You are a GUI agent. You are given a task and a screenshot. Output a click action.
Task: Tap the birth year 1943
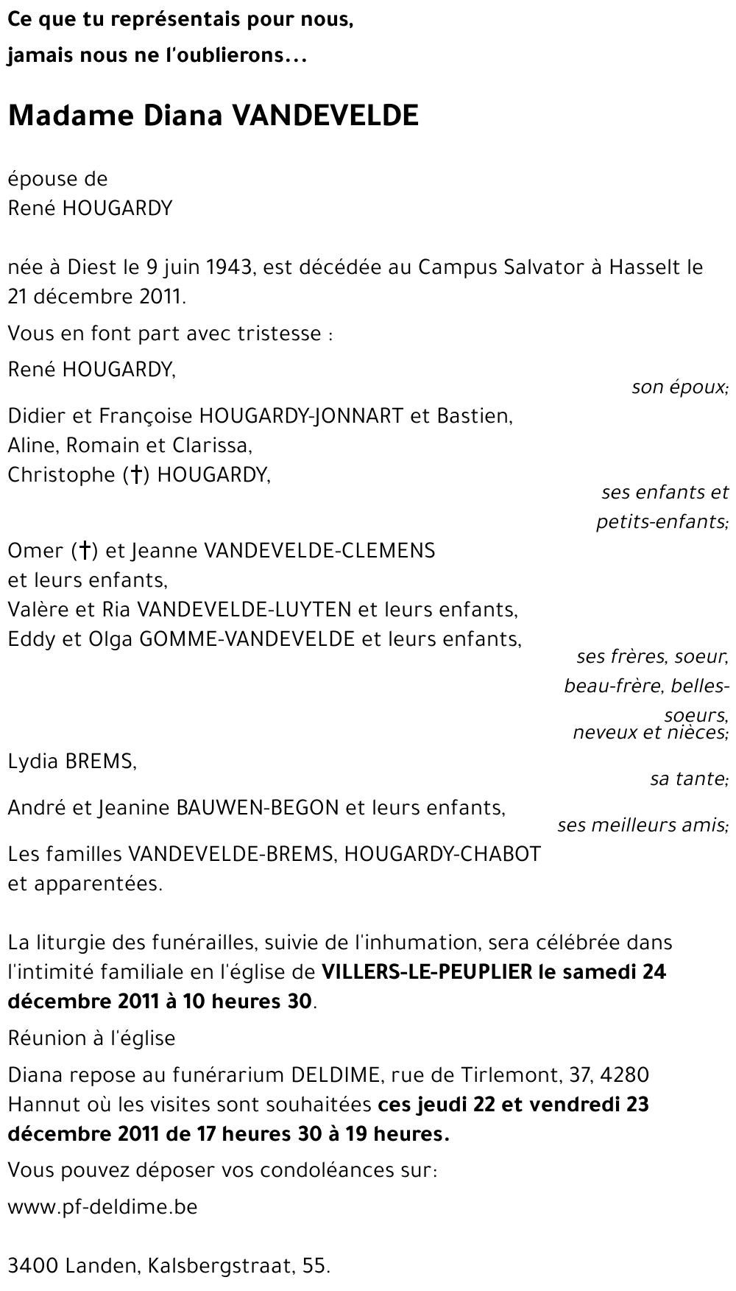click(228, 267)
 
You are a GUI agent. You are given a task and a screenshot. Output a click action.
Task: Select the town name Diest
click(92, 267)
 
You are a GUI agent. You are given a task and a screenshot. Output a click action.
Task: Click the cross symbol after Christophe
click(135, 475)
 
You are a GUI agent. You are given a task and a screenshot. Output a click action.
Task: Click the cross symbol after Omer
click(85, 551)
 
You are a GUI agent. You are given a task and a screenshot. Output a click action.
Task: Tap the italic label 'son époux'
click(679, 387)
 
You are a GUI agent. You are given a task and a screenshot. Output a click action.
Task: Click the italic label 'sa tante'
click(688, 778)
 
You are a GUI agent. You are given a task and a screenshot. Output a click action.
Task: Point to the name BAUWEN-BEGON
click(258, 808)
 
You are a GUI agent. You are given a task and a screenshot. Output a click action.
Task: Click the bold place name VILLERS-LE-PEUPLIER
click(427, 972)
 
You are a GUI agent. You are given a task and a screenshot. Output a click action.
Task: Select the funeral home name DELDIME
click(335, 1075)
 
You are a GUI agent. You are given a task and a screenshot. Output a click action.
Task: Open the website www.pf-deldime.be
click(102, 1208)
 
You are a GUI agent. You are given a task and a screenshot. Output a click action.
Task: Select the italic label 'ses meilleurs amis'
click(642, 826)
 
